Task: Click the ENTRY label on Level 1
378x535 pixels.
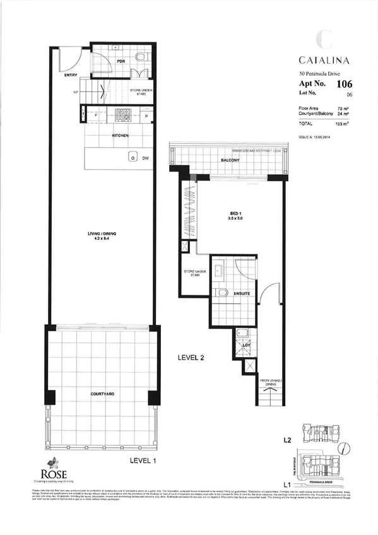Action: coord(62,75)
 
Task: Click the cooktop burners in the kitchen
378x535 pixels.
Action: coord(122,115)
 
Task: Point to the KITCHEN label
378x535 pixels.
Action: coord(121,136)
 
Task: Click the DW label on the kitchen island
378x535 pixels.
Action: coord(145,158)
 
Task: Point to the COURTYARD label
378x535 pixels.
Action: coord(101,393)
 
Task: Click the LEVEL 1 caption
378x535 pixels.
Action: coord(142,461)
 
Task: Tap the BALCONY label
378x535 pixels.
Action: coord(230,161)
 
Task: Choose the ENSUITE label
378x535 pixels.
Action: coord(242,293)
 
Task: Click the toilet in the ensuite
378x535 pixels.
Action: coord(221,292)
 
